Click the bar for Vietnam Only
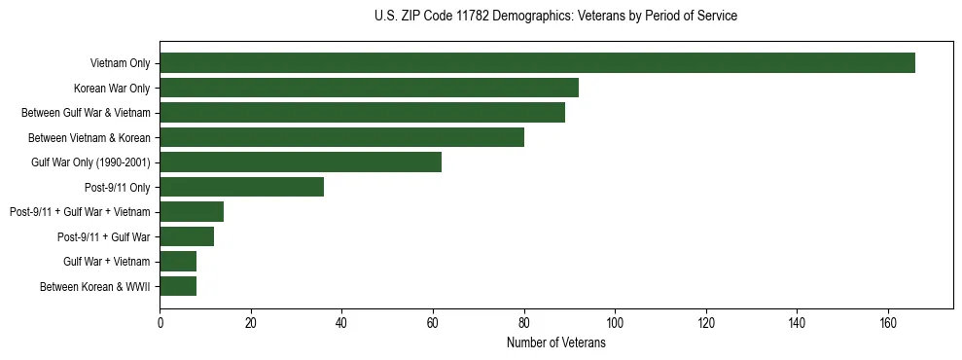(x=537, y=63)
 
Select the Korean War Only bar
(x=369, y=88)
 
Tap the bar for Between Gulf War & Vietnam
(x=362, y=113)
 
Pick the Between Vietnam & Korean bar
(x=341, y=137)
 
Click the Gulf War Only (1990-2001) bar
(x=301, y=162)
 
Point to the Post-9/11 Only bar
(x=241, y=187)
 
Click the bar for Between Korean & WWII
(x=178, y=286)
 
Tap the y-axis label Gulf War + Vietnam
(x=106, y=262)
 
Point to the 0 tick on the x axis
(x=160, y=323)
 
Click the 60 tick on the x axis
(x=433, y=323)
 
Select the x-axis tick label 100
(x=615, y=323)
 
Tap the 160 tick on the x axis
(x=888, y=323)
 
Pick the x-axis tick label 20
(x=251, y=323)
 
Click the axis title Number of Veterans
(x=556, y=342)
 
